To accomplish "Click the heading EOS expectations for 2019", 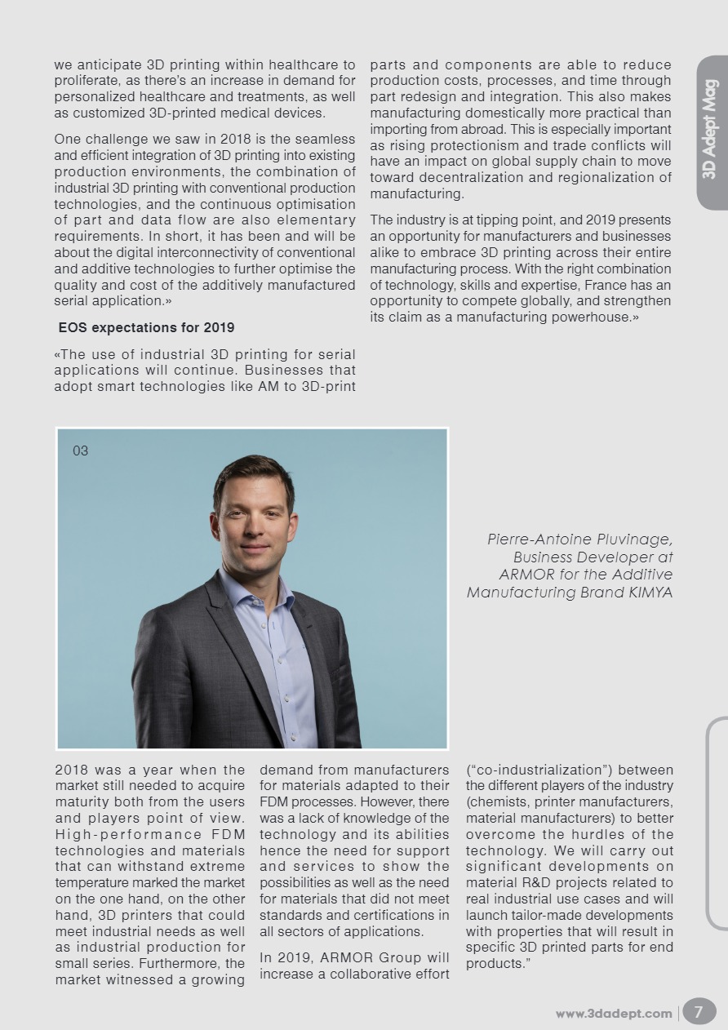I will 146,328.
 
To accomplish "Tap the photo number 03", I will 80,451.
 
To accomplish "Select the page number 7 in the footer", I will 699,1012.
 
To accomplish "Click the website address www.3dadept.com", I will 614,1014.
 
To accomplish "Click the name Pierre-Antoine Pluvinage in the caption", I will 579,539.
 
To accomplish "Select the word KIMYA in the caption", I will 650,593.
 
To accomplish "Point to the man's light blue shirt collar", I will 245,592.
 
